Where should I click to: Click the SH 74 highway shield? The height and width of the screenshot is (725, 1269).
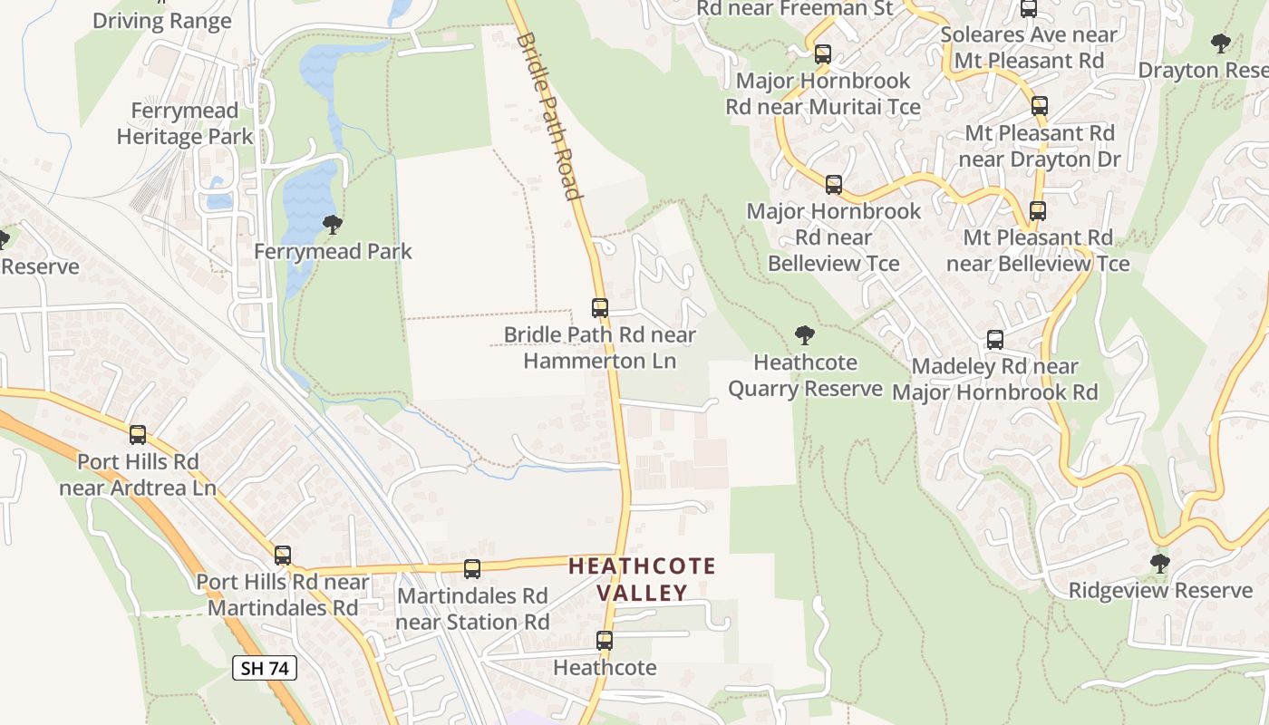click(x=265, y=669)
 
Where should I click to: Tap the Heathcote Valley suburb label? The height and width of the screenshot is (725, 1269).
click(x=642, y=580)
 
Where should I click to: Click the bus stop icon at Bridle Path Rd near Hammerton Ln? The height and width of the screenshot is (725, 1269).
click(x=599, y=308)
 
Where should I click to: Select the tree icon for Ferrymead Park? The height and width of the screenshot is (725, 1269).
click(x=333, y=224)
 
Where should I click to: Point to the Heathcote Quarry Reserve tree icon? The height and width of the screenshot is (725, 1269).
click(x=804, y=336)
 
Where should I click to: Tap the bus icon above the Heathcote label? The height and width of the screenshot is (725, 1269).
click(x=605, y=641)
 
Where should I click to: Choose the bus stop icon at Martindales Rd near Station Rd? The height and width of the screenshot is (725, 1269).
click(x=472, y=569)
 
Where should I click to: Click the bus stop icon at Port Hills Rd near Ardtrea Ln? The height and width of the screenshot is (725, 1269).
click(x=138, y=435)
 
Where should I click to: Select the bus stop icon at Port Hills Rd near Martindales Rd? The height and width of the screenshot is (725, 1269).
click(x=283, y=556)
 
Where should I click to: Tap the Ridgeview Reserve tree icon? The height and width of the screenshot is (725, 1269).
click(x=1159, y=564)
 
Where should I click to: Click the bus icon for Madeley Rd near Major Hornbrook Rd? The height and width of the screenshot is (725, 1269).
click(x=994, y=340)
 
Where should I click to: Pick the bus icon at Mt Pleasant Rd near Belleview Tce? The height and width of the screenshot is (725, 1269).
click(x=1038, y=211)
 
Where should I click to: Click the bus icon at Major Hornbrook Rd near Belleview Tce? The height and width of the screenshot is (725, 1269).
click(x=834, y=185)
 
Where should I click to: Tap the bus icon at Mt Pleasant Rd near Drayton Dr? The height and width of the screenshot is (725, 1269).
click(x=1040, y=106)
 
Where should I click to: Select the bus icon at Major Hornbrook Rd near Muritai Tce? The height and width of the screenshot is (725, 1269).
click(x=823, y=54)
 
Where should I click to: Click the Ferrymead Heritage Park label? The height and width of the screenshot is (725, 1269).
click(x=185, y=124)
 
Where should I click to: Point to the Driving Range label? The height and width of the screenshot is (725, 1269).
click(x=162, y=21)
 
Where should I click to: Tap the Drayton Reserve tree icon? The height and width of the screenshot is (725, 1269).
click(x=1221, y=43)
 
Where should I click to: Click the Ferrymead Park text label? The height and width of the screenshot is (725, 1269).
click(x=333, y=251)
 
